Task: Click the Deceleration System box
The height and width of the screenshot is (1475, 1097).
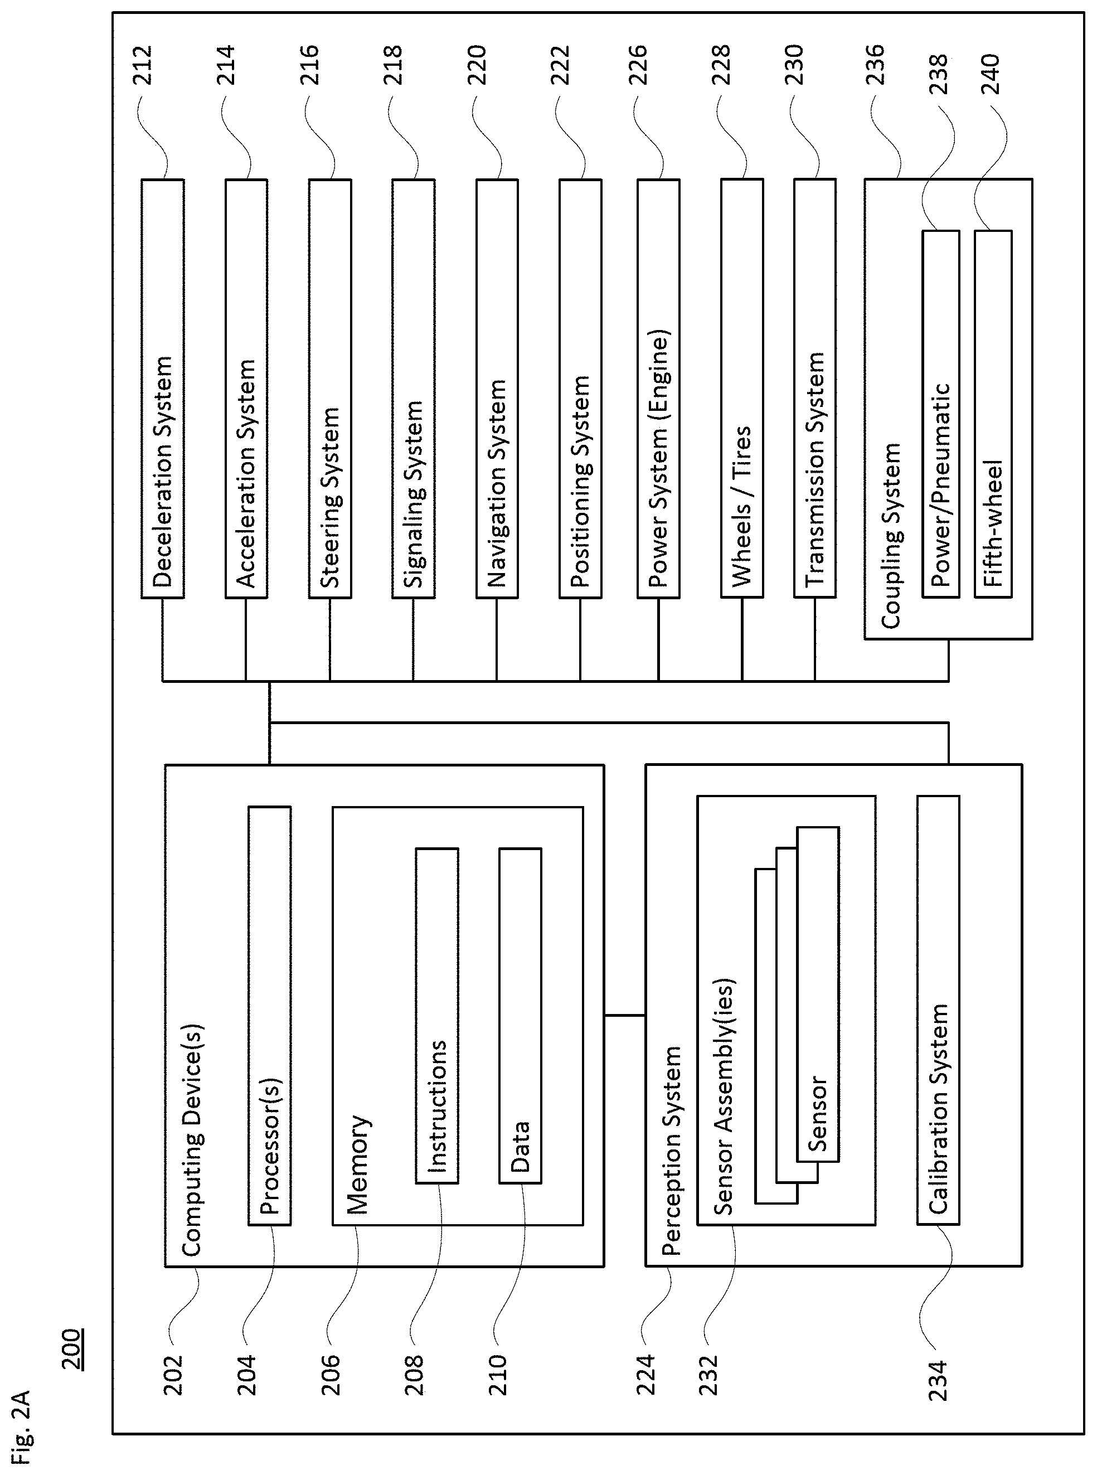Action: [x=163, y=389]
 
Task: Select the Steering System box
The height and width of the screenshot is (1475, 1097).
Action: [x=330, y=389]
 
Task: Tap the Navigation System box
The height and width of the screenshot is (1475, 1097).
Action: [x=497, y=389]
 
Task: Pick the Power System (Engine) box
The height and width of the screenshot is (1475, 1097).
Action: [x=659, y=389]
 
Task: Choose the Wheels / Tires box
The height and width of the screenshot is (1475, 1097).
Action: [x=742, y=389]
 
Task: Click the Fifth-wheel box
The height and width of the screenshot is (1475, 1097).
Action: [x=993, y=414]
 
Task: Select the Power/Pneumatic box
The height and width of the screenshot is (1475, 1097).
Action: [x=941, y=414]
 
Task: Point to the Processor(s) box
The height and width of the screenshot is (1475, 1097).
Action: [x=270, y=1016]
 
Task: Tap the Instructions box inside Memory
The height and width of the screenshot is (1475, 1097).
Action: [x=437, y=1016]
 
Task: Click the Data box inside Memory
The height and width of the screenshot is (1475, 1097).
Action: [x=521, y=1016]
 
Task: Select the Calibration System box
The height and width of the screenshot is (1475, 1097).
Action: [x=938, y=1010]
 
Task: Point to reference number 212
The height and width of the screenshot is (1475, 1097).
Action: [x=143, y=65]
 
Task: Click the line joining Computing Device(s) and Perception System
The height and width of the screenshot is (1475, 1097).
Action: [x=625, y=1015]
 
